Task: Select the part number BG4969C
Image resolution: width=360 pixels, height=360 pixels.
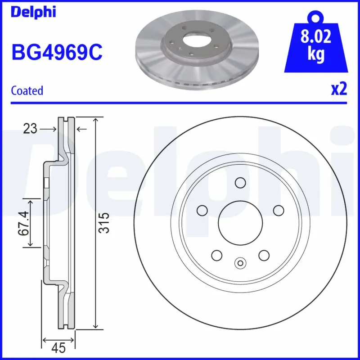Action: pos(57,53)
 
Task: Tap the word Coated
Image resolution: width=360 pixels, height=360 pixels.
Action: pos(27,90)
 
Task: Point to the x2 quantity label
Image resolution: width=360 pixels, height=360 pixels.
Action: pos(338,90)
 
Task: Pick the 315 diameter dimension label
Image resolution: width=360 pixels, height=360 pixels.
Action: pos(104,222)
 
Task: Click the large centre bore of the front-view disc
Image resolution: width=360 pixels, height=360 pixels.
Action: pos(240,222)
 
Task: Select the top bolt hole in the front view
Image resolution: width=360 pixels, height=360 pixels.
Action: pos(240,183)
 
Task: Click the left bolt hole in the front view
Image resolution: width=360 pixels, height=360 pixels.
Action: pos(202,210)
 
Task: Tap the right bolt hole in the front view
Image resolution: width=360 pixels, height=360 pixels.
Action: pos(278,210)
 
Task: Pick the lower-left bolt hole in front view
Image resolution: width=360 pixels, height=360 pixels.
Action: pos(216,255)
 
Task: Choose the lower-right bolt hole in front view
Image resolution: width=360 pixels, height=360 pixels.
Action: pos(264,255)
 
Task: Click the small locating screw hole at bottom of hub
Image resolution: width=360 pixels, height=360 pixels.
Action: pos(240,263)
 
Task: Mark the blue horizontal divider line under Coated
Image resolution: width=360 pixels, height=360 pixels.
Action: pos(180,102)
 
